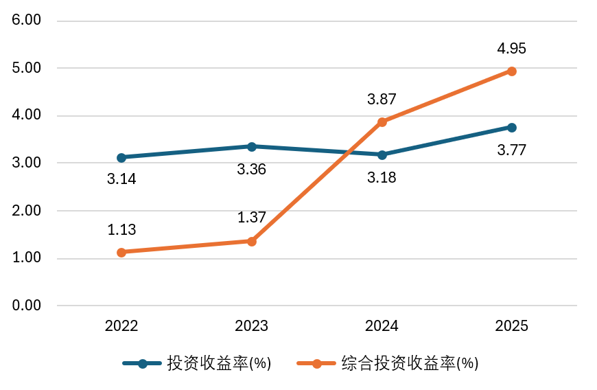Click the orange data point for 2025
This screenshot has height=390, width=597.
click(511, 71)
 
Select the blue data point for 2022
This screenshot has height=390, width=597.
click(121, 157)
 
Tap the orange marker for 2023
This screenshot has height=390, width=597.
click(252, 241)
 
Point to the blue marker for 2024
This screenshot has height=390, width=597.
click(382, 154)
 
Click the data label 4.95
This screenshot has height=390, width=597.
click(511, 49)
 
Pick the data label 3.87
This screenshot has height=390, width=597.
click(382, 100)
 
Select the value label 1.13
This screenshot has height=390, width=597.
click(121, 230)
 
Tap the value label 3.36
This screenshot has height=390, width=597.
click(251, 169)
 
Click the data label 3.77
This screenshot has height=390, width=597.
click(511, 150)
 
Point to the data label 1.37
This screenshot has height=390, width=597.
click(251, 218)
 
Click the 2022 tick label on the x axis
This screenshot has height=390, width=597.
click(121, 326)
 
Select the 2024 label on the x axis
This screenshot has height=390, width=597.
click(382, 326)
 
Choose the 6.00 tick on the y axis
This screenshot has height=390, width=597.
click(27, 21)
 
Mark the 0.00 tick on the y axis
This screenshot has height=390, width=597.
click(27, 306)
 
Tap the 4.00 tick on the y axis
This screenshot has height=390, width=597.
click(27, 115)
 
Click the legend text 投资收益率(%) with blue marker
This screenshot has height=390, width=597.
click(219, 364)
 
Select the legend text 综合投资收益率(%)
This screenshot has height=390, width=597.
click(410, 364)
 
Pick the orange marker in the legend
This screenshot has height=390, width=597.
click(317, 364)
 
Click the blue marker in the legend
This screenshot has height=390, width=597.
click(143, 364)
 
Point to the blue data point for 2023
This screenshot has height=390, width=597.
click(252, 146)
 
